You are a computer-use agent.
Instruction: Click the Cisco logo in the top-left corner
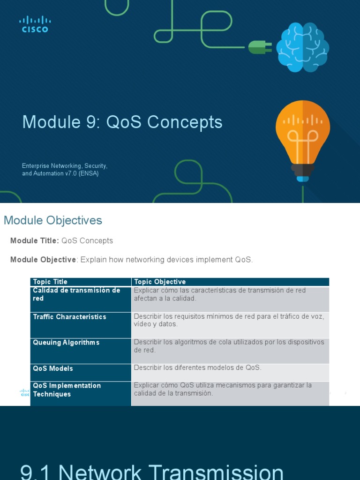[35, 24]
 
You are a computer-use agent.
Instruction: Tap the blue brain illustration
[302, 47]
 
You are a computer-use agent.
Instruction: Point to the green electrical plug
[259, 46]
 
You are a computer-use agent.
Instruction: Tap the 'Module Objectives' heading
[52, 220]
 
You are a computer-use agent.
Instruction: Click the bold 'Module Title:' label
[34, 241]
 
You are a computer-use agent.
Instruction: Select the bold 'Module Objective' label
[43, 260]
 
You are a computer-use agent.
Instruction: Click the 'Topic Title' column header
[50, 282]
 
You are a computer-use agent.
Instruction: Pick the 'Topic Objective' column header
[160, 282]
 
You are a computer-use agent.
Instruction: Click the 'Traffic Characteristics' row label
[69, 317]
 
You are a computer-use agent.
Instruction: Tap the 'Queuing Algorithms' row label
[66, 343]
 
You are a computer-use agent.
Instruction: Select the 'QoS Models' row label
[53, 368]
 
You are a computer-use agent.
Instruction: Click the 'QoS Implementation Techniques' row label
[67, 390]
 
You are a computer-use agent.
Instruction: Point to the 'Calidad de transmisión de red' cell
[76, 294]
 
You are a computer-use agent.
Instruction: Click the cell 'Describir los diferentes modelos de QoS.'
[197, 368]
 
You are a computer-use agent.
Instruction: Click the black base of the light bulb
[302, 169]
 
